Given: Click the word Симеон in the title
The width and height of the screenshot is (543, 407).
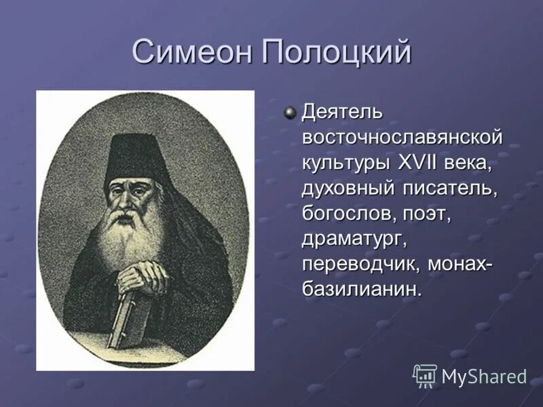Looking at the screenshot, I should (191, 52).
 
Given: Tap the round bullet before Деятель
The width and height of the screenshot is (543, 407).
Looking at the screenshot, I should (291, 111).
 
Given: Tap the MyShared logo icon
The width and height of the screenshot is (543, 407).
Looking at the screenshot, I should (425, 375).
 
